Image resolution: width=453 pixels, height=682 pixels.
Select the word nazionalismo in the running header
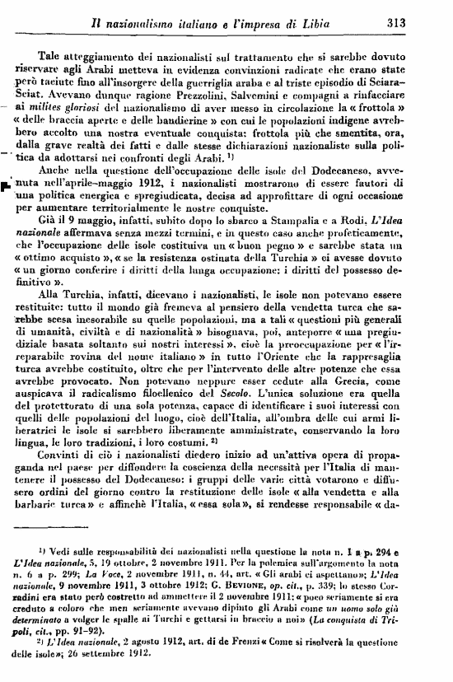point(152,23)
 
